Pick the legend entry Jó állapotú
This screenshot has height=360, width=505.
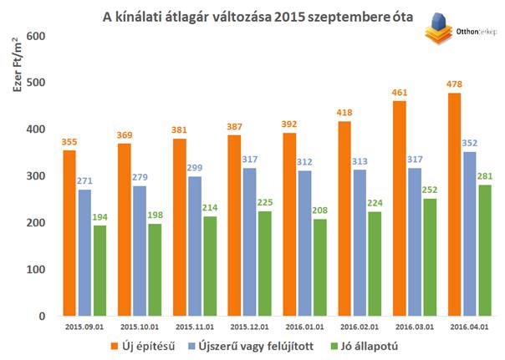pyautogui.click(x=367, y=343)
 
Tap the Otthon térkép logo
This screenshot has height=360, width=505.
pyautogui.click(x=457, y=31)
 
